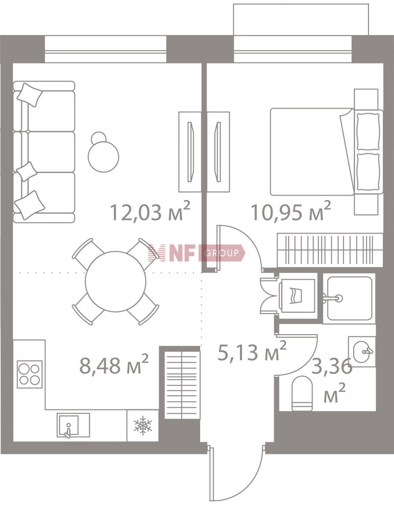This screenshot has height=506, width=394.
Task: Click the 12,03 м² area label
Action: click(x=150, y=212)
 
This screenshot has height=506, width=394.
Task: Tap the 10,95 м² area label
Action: click(x=290, y=212)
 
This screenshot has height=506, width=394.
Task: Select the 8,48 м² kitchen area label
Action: click(x=114, y=365)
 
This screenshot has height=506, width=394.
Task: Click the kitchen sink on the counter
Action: click(x=73, y=425)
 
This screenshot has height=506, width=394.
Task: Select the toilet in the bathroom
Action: click(x=302, y=393)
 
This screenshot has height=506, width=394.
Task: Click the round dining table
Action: click(x=115, y=281)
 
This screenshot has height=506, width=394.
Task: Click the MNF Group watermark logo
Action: click(x=196, y=253)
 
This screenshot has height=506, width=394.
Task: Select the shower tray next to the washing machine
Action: click(x=349, y=299)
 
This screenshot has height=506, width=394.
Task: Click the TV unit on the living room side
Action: click(x=190, y=152)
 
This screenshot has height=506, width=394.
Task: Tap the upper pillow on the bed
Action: click(x=368, y=131)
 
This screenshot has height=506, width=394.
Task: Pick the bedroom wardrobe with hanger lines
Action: click(x=330, y=250)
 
